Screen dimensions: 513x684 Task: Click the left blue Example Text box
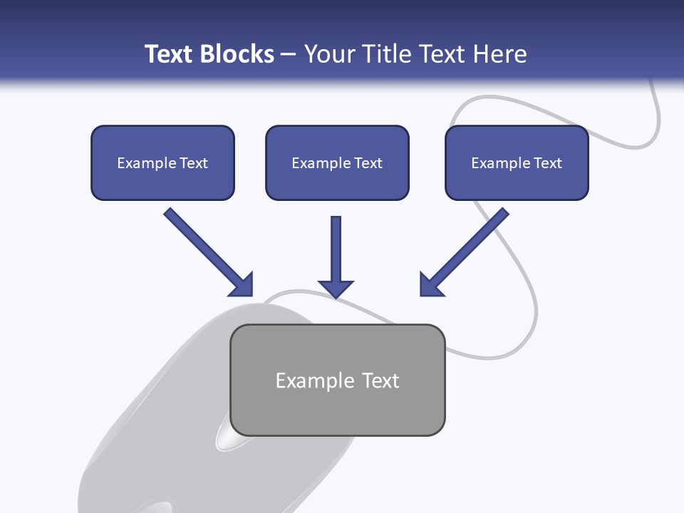[162, 162]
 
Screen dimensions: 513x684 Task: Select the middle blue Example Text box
[337, 162]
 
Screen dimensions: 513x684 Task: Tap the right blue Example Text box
[517, 162]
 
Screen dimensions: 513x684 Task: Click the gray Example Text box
[337, 380]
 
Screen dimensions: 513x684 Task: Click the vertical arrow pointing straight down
[336, 256]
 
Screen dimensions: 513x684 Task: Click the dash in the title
[289, 54]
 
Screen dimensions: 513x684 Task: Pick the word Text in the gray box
[380, 380]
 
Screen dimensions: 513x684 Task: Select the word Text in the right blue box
[548, 163]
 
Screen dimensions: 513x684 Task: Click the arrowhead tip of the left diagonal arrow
[252, 295]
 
